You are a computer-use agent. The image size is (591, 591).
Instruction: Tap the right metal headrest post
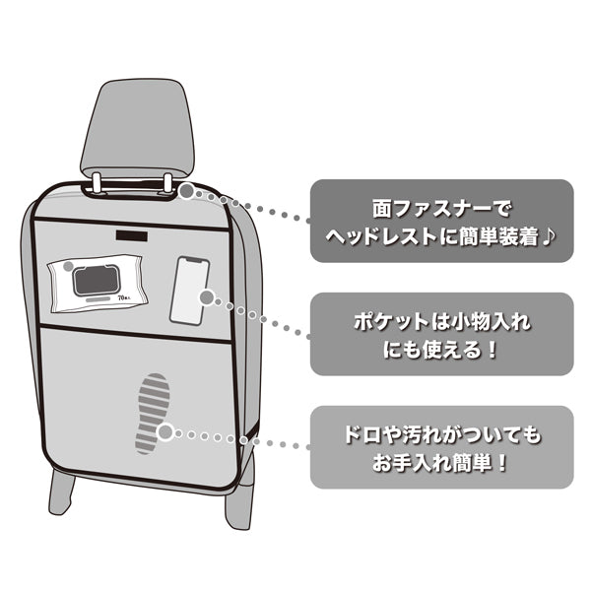[168, 183]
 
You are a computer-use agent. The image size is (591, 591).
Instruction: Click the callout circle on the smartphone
[206, 296]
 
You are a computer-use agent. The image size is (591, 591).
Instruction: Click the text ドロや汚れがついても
[440, 432]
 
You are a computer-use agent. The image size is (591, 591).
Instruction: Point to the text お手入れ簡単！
[440, 462]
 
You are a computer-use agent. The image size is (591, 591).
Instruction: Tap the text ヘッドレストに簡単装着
[430, 237]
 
